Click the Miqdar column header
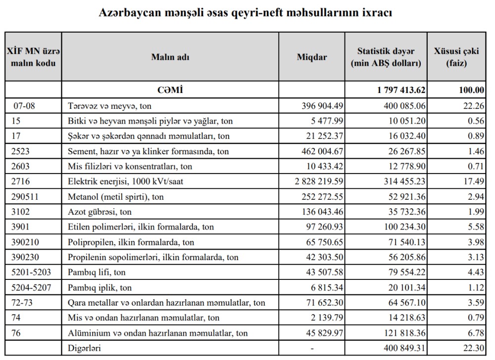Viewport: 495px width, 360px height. click(312, 57)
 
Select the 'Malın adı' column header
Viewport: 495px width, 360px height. click(170, 57)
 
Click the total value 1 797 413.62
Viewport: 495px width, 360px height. click(401, 90)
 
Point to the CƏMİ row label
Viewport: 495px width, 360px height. click(170, 90)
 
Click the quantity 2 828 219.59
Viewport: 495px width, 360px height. click(319, 181)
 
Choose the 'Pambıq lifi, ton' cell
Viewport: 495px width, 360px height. click(97, 272)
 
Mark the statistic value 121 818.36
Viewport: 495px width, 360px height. click(404, 333)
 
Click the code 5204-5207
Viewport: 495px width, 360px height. click(30, 288)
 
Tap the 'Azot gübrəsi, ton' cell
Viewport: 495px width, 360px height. click(100, 212)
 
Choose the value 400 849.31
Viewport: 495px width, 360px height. click(404, 349)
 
